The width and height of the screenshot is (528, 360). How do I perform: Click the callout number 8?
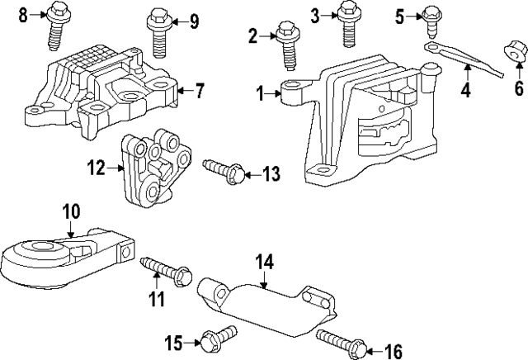tap(23, 13)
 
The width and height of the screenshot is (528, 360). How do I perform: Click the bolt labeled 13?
tap(222, 172)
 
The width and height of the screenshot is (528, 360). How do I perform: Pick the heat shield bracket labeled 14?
tap(264, 306)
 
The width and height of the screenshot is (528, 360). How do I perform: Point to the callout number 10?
tap(71, 211)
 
